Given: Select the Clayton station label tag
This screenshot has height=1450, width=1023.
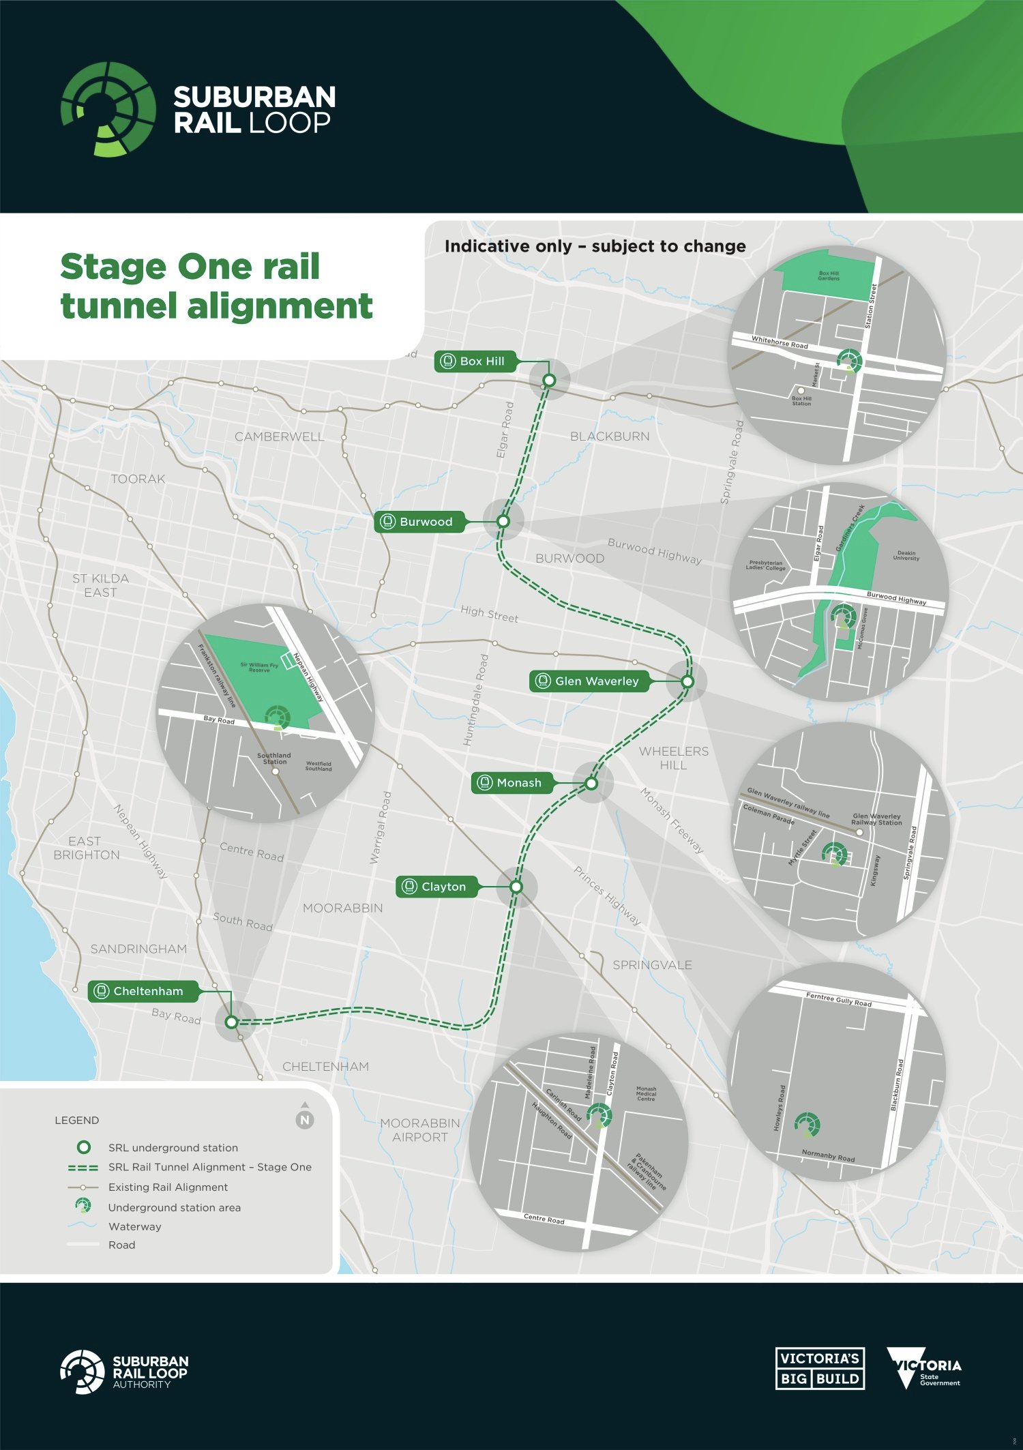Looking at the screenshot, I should [436, 887].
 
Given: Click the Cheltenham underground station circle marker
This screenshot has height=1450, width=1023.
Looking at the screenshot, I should [231, 1022].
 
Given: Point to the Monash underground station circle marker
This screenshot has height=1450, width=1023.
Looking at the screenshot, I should [591, 784].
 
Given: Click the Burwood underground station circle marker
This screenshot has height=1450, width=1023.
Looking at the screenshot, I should [503, 521].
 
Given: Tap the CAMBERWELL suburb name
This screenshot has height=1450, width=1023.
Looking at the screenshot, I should [280, 437].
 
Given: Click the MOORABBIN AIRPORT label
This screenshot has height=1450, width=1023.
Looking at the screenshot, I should [419, 1130].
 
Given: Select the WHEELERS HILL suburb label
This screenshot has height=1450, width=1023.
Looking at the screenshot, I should [674, 758].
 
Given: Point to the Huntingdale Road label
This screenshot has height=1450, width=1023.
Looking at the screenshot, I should [476, 700].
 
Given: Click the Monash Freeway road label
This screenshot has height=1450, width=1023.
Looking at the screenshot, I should [672, 820].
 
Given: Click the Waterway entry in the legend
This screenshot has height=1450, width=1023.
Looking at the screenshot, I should [134, 1226].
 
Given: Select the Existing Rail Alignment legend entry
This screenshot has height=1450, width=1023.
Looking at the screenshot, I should [168, 1187].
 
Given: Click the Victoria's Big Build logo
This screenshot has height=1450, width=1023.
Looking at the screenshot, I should [820, 1369].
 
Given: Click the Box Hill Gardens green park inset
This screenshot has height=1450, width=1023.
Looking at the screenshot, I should [829, 276].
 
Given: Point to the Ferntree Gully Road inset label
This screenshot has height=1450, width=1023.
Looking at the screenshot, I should [838, 1000].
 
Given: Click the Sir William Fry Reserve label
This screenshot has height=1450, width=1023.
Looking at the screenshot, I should [259, 667].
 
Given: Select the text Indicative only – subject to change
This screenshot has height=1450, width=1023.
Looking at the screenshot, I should [595, 246].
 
